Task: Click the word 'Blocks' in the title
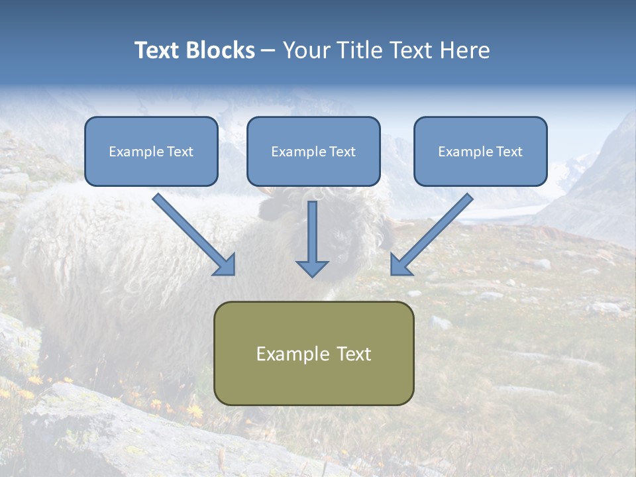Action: pos(221,50)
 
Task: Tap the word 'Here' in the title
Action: pos(465,50)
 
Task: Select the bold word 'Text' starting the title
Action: pos(158,50)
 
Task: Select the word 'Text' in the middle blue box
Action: pos(343,152)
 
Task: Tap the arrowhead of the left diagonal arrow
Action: pos(225,264)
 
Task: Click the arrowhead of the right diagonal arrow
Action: pos(401,264)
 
